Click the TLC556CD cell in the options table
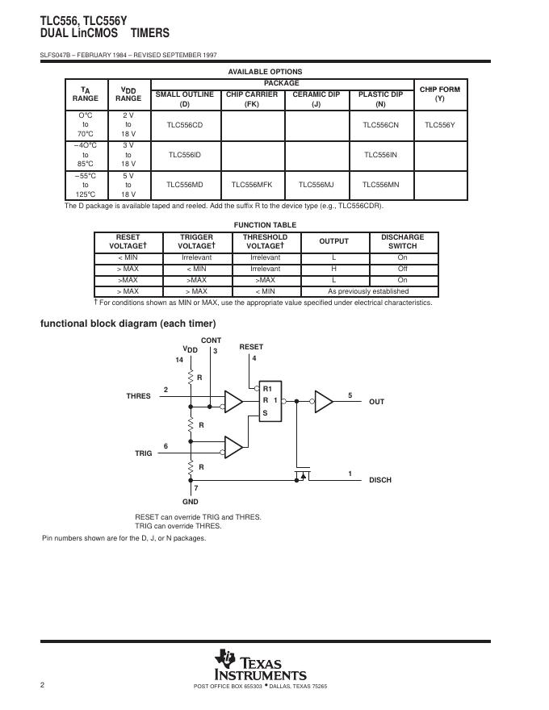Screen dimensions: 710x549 184,125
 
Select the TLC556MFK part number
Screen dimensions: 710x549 252,185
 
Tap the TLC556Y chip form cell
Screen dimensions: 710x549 440,125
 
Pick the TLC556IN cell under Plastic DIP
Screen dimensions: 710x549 380,155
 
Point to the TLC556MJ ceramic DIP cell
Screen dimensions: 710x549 316,185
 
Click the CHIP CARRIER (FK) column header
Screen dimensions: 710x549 252,99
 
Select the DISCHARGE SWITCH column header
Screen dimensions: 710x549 402,241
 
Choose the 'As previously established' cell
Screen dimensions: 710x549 368,291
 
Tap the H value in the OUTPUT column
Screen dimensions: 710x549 333,269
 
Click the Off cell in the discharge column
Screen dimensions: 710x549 402,269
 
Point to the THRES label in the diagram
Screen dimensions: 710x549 138,396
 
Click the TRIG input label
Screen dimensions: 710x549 144,453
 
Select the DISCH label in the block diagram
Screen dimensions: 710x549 380,480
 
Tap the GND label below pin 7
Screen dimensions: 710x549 191,502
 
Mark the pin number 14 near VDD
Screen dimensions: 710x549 179,359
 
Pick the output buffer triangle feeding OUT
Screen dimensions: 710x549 324,401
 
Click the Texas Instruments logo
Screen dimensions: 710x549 260,666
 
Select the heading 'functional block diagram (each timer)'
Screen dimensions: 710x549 128,324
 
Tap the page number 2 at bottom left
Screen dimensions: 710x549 42,685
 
